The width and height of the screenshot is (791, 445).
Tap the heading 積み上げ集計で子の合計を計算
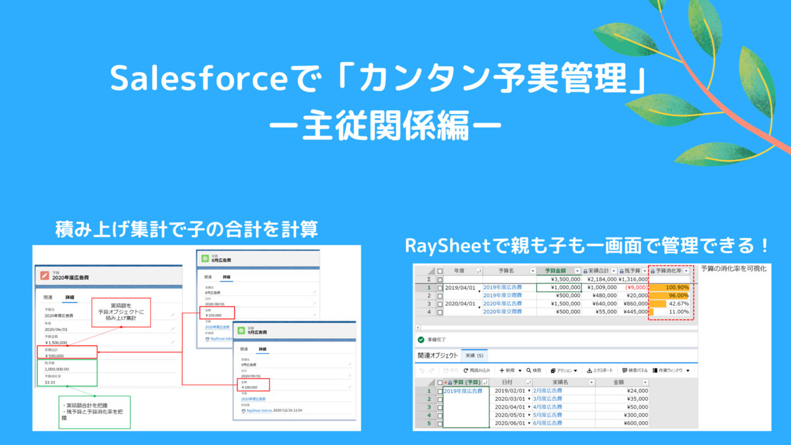[x=188, y=229]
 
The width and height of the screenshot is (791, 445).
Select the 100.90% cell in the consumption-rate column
[x=672, y=287]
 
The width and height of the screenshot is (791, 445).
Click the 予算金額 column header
[x=554, y=271]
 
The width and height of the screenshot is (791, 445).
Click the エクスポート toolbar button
[x=600, y=371]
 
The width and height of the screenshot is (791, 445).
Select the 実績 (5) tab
[x=474, y=355]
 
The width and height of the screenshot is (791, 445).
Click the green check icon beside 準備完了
[x=421, y=340]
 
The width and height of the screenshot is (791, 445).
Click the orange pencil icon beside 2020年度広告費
[x=44, y=274]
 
